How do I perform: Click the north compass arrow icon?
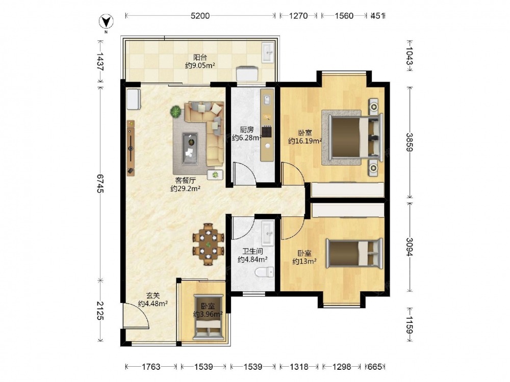coord(106,22)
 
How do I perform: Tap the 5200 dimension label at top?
coord(200,16)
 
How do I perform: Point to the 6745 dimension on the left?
coord(100,183)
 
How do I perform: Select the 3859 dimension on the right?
coord(410,142)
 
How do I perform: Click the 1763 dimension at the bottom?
coord(151,367)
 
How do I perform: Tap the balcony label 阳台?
coord(200,58)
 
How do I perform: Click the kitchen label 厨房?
coord(246,130)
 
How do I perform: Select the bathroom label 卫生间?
coord(252,252)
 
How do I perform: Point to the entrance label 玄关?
coord(152,296)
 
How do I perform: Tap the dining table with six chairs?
coord(208,244)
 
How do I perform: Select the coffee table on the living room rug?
coord(190,148)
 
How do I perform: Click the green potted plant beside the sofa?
coord(176,112)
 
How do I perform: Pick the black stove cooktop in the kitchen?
coord(267,132)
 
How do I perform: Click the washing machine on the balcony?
coord(247,73)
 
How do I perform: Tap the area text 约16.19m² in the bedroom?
coord(305,141)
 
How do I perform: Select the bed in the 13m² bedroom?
coord(354,253)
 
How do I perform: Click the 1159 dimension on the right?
coord(410,325)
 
